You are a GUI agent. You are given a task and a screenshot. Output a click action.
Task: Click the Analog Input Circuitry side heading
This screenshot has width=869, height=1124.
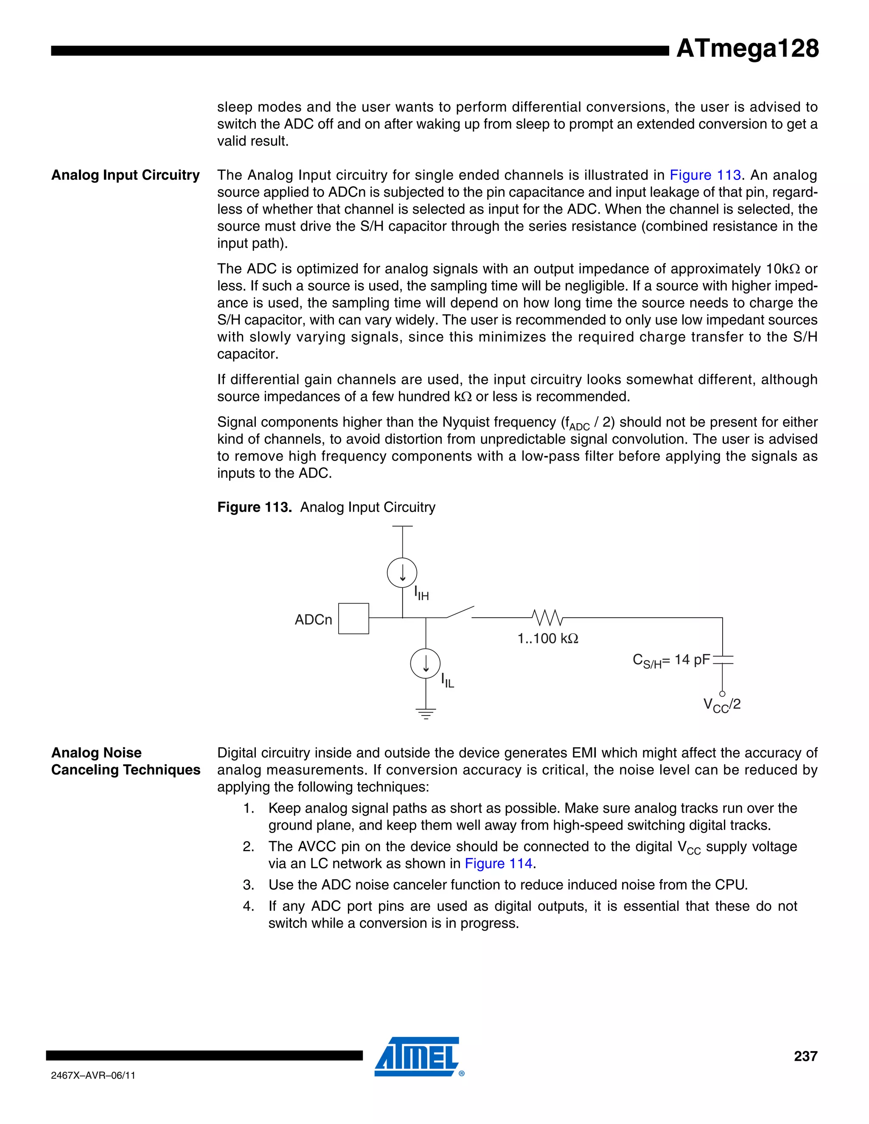point(125,176)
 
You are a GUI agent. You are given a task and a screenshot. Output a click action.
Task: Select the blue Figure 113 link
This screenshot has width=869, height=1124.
point(705,176)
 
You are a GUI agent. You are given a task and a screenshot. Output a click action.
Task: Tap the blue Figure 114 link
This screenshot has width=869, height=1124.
point(498,864)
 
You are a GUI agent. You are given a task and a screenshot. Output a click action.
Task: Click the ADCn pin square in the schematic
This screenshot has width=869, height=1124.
point(354,618)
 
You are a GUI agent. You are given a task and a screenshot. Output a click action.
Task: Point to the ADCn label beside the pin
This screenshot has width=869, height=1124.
point(313,620)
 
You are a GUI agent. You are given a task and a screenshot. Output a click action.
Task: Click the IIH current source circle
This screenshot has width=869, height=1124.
point(402,572)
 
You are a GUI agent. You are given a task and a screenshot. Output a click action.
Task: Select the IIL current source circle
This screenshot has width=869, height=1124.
point(425,664)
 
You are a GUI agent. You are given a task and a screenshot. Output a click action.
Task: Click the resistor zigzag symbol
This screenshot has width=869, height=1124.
point(547,617)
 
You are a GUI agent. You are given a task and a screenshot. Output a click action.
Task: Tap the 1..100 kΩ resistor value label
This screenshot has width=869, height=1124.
point(548,639)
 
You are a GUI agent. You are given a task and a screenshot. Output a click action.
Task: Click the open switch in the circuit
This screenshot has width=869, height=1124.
point(460,612)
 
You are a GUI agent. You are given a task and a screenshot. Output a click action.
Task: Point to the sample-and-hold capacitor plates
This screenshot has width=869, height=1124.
point(722,660)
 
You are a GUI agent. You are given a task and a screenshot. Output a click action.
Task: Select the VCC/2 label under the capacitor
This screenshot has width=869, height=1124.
point(722,705)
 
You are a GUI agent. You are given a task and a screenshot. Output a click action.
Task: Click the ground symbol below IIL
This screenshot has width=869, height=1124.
point(426,713)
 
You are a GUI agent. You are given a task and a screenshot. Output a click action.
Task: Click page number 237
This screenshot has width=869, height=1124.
point(805,1056)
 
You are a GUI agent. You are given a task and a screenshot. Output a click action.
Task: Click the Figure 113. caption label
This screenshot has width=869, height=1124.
point(254,507)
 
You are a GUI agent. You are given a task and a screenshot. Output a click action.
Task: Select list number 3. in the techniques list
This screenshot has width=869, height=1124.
point(249,885)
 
